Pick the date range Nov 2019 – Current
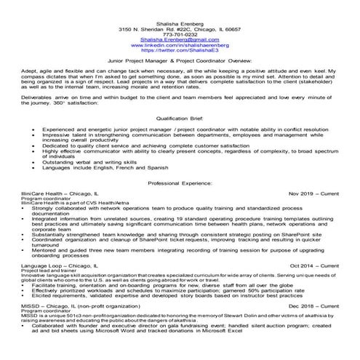(x=313, y=193)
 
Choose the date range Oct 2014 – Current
(x=314, y=267)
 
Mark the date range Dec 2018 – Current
(x=314, y=308)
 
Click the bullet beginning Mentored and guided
(x=182, y=249)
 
